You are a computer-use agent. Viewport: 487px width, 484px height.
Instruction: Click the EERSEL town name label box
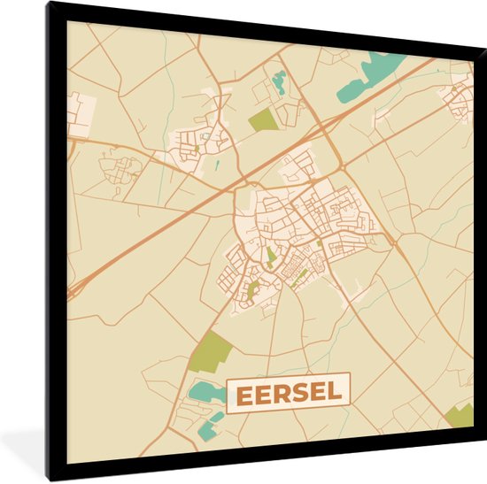point(290,393)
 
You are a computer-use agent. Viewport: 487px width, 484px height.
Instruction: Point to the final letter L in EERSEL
point(337,393)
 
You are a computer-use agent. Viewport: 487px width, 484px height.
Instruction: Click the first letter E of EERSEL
point(243,394)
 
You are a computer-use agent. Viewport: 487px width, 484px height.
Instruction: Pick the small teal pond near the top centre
point(280,81)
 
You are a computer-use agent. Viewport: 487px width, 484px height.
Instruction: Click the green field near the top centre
point(263,121)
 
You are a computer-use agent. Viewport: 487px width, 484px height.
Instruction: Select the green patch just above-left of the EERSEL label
point(211,351)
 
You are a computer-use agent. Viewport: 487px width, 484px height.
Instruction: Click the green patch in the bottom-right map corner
point(461,414)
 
